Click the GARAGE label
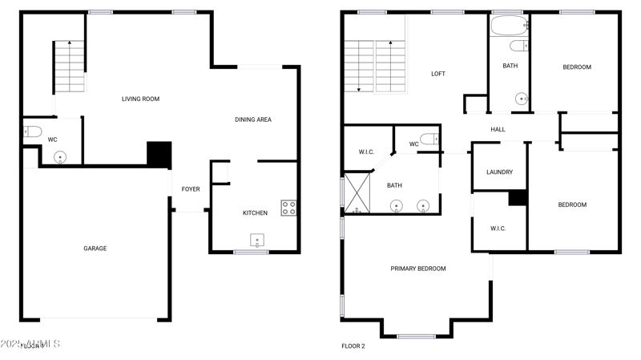[x=95, y=249]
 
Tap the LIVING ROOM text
[x=140, y=99]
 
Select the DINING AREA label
[x=252, y=119]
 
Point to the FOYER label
[x=191, y=189]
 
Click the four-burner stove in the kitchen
[x=288, y=208]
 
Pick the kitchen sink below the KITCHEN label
[x=257, y=241]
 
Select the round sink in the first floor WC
[x=61, y=157]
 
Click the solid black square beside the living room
[x=159, y=154]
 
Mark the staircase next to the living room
[x=70, y=67]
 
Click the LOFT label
[x=438, y=74]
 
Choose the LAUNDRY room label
[x=499, y=172]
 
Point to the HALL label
[x=498, y=129]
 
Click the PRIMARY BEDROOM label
[x=418, y=269]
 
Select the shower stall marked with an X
[x=357, y=193]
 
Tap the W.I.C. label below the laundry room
[x=498, y=229]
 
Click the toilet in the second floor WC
[x=430, y=140]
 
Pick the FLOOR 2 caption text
[x=353, y=346]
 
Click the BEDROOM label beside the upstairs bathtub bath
[x=576, y=67]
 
